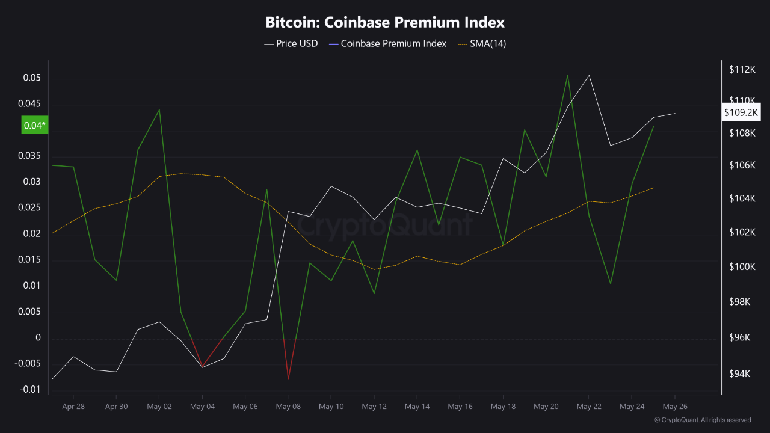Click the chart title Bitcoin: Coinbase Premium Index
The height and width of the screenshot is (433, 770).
pyautogui.click(x=385, y=23)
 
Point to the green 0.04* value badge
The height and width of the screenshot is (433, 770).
pyautogui.click(x=34, y=126)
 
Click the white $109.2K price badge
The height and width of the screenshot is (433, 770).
pyautogui.click(x=742, y=112)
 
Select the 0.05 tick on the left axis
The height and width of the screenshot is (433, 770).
pyautogui.click(x=32, y=78)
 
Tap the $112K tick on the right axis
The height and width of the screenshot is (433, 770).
pyautogui.click(x=742, y=70)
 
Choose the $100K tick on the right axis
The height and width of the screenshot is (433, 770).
pyautogui.click(x=742, y=267)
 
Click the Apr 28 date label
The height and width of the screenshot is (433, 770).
pyautogui.click(x=73, y=407)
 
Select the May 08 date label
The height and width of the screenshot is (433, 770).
pyautogui.click(x=288, y=407)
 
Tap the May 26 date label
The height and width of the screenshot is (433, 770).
pyautogui.click(x=674, y=407)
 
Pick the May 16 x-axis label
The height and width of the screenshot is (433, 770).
pyautogui.click(x=460, y=407)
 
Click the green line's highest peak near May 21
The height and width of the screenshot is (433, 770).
pyautogui.click(x=567, y=75)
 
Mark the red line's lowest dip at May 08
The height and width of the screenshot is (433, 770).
pyautogui.click(x=288, y=379)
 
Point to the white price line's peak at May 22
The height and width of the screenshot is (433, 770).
pyautogui.click(x=589, y=75)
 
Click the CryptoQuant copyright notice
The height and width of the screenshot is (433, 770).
pyautogui.click(x=702, y=420)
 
